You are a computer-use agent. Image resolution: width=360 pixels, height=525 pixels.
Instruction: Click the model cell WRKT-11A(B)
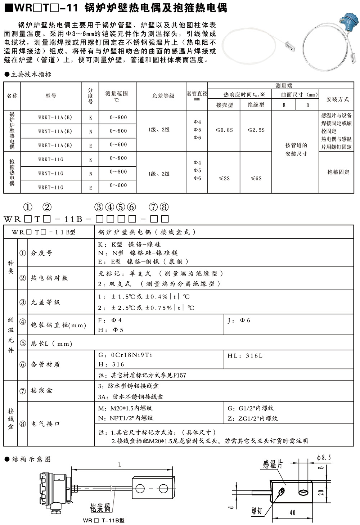[x=55, y=117]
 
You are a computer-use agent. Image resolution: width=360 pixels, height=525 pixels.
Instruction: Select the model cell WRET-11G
[x=51, y=187]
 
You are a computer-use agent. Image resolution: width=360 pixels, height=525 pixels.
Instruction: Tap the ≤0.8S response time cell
[x=224, y=130]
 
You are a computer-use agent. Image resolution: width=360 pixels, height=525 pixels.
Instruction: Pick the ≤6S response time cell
[x=256, y=178]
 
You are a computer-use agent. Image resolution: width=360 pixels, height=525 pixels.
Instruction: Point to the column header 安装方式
[x=337, y=99]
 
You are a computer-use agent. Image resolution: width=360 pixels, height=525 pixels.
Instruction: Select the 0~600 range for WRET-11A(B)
[x=118, y=145]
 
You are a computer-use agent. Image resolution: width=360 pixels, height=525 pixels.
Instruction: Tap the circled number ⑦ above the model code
[x=153, y=207]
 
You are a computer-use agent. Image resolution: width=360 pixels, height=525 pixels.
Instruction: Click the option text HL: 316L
[x=245, y=356]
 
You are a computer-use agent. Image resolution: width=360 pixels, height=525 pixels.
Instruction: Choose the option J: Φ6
[x=239, y=320]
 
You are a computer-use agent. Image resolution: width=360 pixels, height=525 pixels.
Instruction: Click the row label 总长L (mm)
[x=51, y=344]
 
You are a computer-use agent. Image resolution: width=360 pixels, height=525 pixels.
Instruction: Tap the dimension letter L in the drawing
[x=120, y=465]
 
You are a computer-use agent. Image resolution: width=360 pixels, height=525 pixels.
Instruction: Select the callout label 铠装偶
[x=100, y=508]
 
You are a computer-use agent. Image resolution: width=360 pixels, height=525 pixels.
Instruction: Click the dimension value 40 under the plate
[x=292, y=512]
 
